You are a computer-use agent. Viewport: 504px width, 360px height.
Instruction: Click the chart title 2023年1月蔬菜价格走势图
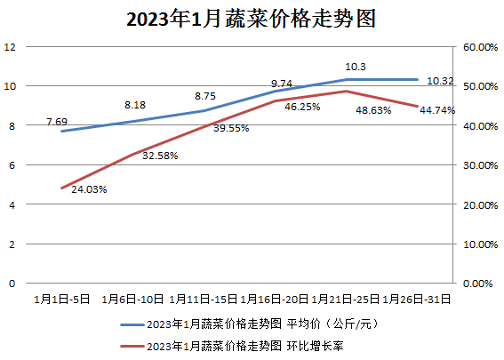252,19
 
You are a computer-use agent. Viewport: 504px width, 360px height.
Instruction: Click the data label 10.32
441,81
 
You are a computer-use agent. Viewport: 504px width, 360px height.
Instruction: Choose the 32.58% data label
160,156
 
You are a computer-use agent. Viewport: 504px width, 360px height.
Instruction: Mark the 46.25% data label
302,108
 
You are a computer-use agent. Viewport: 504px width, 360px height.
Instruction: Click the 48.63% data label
373,111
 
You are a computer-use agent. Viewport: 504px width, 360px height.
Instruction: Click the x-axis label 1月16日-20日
276,299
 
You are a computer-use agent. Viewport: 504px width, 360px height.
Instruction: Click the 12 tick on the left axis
11,47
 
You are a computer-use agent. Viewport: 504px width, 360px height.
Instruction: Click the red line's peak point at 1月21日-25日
347,91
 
